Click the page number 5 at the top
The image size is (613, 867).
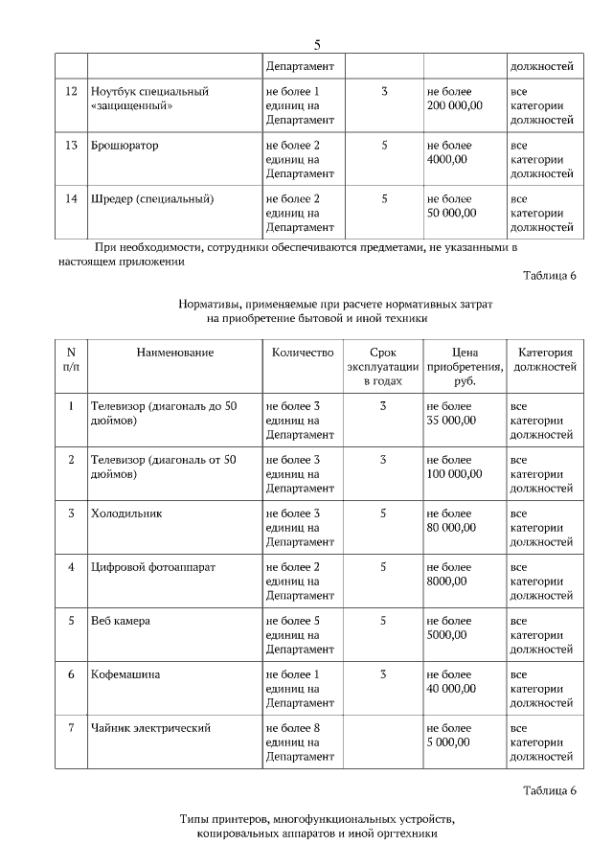(317, 45)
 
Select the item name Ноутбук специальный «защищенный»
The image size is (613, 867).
(148, 99)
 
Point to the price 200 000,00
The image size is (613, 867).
(454, 105)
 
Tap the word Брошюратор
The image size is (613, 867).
(125, 146)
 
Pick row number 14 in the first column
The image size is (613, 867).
(70, 199)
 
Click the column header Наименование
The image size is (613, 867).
(174, 353)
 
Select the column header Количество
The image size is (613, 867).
(302, 353)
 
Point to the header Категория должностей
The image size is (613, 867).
(545, 359)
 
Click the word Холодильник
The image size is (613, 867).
(126, 513)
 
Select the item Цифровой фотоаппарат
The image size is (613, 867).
(152, 567)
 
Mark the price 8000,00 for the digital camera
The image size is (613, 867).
(446, 581)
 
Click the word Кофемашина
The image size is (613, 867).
(125, 674)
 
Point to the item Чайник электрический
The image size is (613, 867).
(149, 728)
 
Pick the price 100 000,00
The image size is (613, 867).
(454, 473)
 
